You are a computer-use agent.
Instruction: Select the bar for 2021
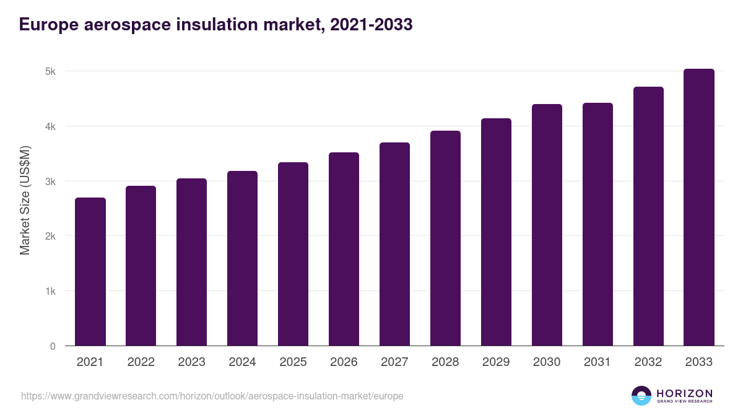[90, 272]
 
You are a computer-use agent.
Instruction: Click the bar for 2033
[699, 207]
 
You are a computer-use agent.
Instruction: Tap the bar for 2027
[394, 244]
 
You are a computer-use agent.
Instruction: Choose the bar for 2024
[242, 258]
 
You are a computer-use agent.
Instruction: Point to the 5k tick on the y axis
[50, 71]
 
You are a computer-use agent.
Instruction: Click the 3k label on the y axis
[50, 181]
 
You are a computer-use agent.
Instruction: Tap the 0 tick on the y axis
[53, 346]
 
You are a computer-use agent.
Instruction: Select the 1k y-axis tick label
[50, 291]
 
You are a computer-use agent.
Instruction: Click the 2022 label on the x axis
[141, 362]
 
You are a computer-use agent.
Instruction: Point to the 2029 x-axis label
[496, 362]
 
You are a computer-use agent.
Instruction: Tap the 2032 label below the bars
[648, 362]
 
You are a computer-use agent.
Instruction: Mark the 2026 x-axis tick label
[344, 362]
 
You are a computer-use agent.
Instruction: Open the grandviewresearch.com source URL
[212, 396]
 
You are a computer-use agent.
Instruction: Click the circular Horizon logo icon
[641, 396]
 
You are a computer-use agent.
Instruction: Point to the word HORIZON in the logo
[684, 393]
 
